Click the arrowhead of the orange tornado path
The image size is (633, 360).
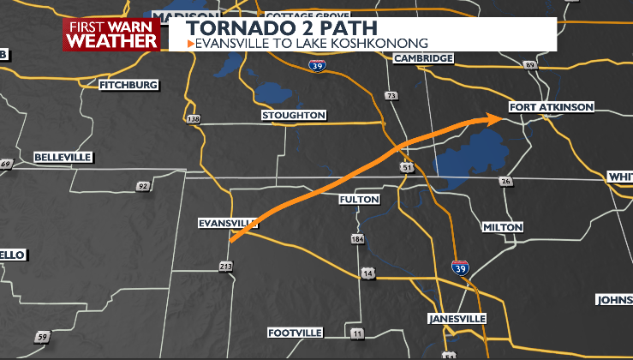pos(494,118)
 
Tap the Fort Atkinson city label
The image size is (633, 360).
pos(551,107)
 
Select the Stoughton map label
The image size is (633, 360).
pos(294,115)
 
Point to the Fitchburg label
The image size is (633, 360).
pos(129,86)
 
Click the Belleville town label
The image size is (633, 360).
pos(63,158)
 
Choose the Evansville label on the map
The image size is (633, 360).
pos(227,223)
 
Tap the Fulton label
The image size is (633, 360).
pos(359,199)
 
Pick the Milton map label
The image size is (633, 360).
pos(503,227)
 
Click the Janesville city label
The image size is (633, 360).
pos(457,319)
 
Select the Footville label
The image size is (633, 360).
pos(295,332)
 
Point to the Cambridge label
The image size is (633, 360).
pos(423,58)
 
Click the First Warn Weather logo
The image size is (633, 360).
pos(111,34)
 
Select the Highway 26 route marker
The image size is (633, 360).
pos(506,181)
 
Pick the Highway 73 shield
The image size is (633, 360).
pos(391,95)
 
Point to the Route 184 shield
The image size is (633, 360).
pos(357,239)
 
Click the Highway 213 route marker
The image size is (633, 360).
pos(226,268)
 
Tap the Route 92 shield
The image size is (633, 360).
pos(143,186)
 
